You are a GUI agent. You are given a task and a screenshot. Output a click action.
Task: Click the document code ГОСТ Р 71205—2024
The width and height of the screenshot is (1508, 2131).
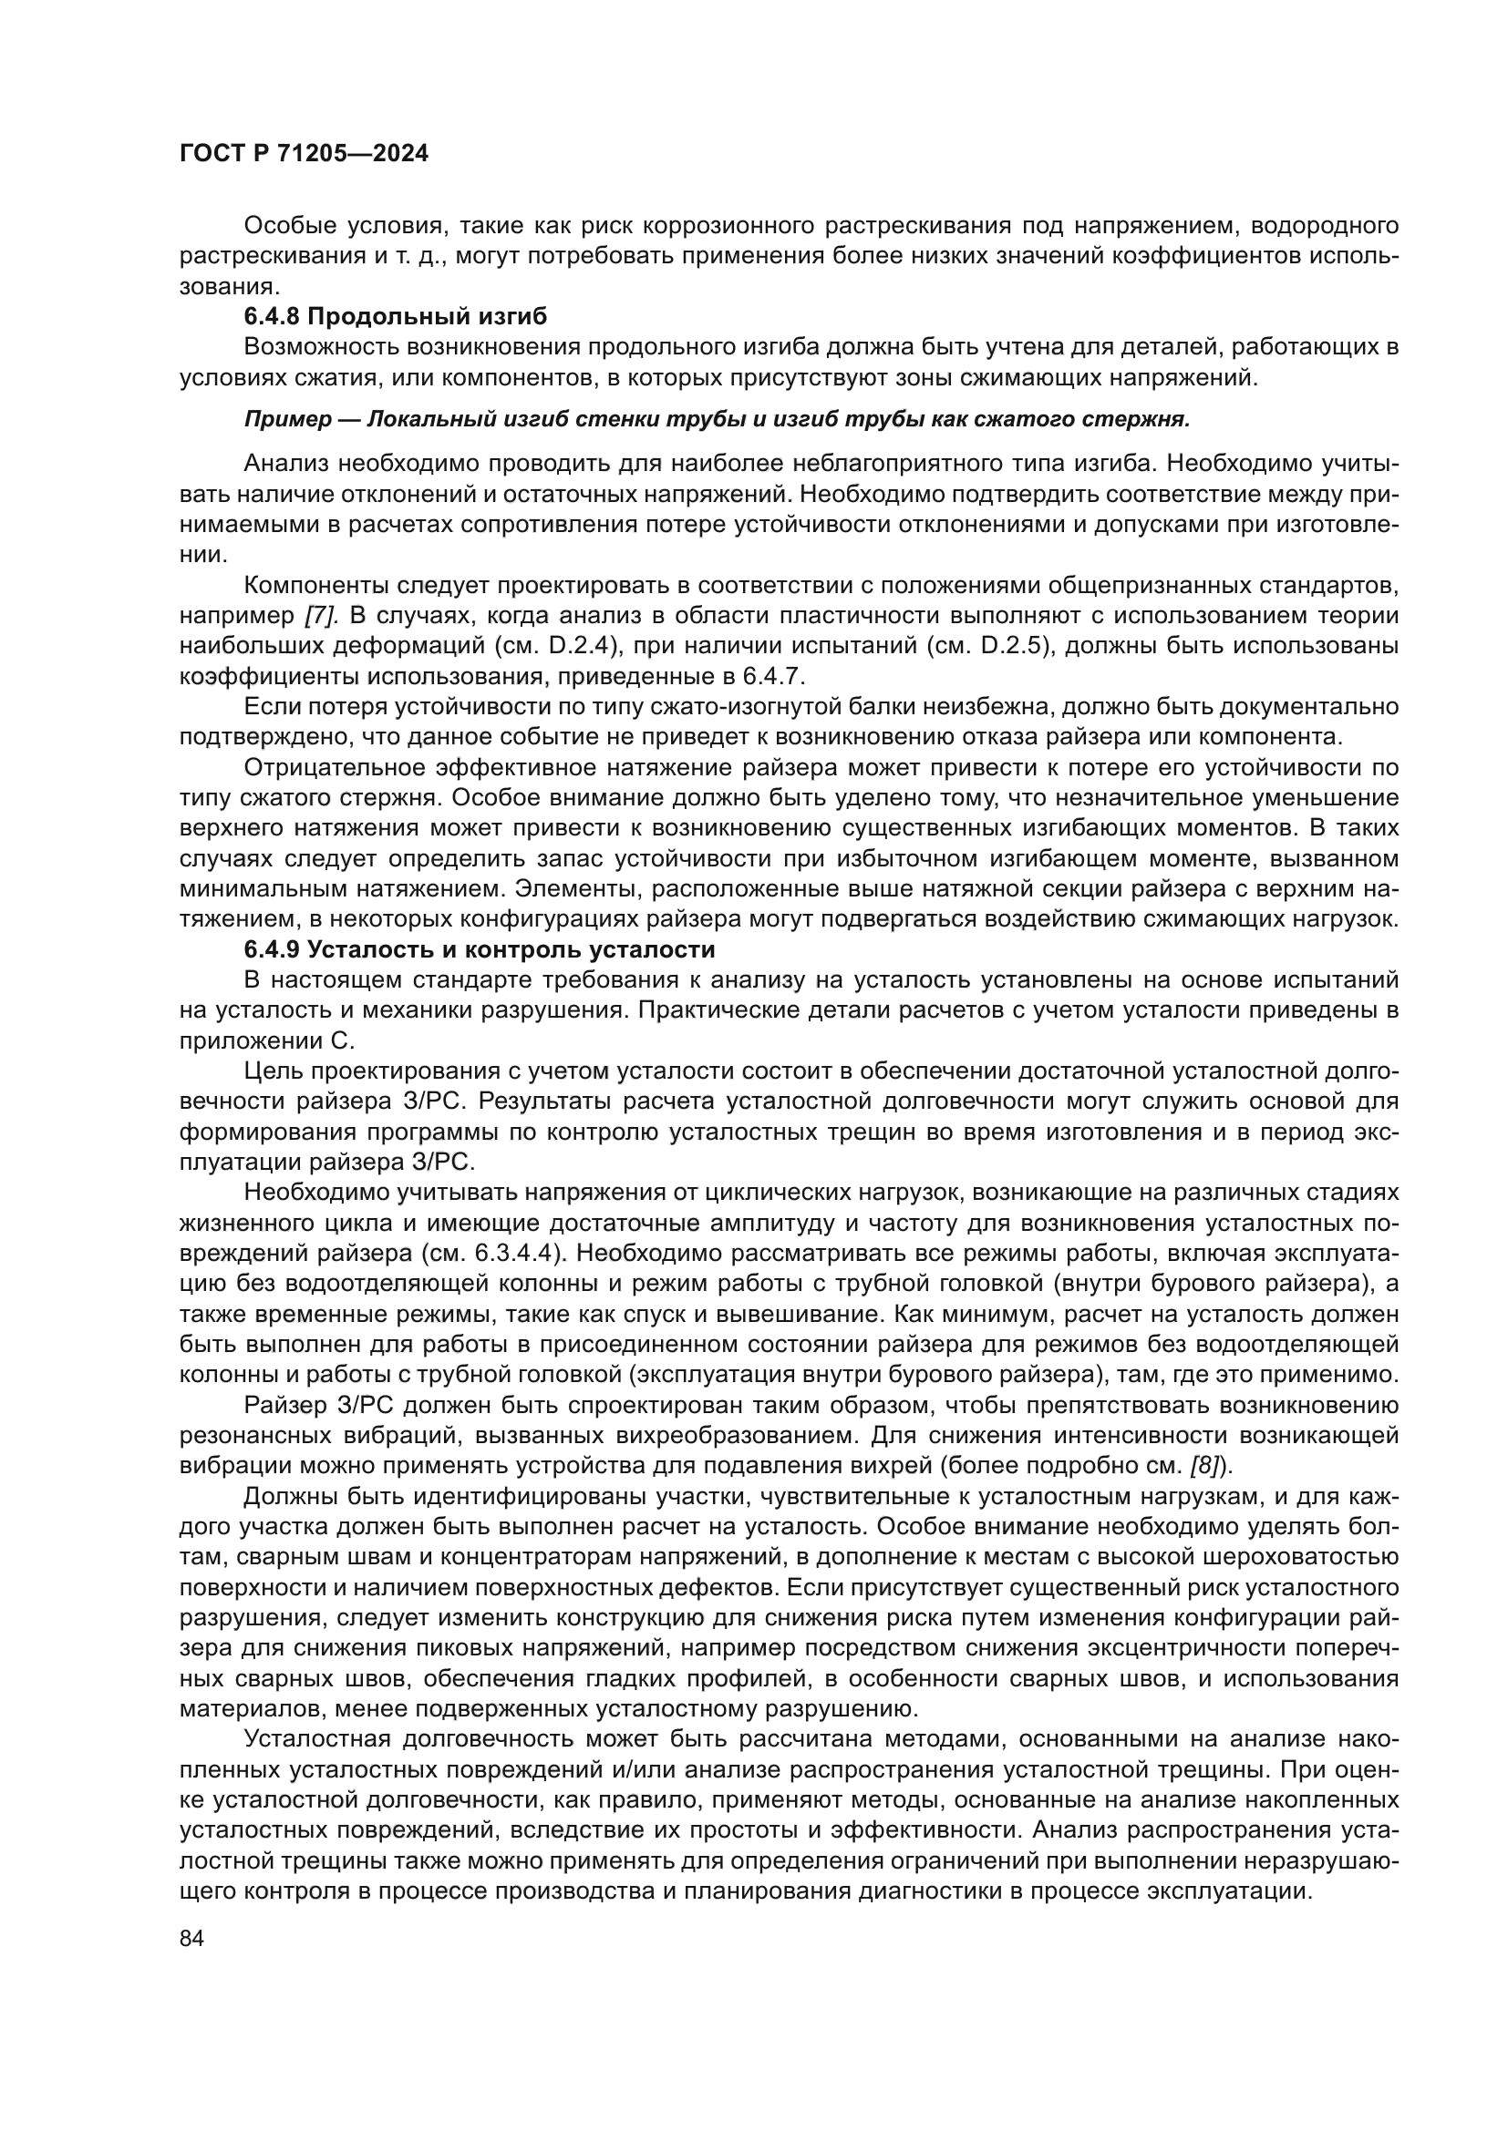tap(304, 154)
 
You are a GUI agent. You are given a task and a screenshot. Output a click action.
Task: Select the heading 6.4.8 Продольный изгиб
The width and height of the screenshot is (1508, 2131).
tap(396, 316)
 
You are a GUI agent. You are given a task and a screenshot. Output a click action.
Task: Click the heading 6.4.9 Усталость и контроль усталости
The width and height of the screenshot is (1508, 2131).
tap(480, 949)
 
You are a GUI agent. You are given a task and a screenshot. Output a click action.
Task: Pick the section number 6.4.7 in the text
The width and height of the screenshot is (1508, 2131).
tap(784, 677)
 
